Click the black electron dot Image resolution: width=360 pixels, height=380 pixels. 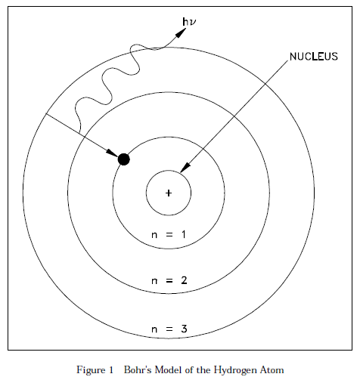click(124, 159)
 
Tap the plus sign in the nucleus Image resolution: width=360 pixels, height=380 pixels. click(169, 193)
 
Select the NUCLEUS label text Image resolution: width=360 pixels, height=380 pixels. click(314, 57)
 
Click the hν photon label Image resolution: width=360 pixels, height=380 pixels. click(189, 22)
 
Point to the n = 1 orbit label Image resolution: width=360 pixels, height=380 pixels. click(169, 235)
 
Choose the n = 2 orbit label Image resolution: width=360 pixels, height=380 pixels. click(169, 280)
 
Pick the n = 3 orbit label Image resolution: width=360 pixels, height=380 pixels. click(169, 329)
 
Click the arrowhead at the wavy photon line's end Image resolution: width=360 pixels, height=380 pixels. click(181, 33)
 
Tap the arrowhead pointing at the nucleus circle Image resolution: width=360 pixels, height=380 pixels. click(186, 168)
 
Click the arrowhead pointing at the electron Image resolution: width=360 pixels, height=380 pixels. click(112, 153)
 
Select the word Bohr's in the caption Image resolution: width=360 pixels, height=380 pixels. click(138, 370)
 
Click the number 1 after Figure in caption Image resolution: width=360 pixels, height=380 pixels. click(111, 370)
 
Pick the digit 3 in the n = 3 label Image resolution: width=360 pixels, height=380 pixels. click(184, 329)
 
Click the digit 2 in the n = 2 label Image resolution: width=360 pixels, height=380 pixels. click(184, 280)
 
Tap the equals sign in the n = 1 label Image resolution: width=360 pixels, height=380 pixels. click(169, 235)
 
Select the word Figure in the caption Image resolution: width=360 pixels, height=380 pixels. click(92, 370)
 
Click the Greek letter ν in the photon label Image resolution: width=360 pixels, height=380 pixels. click(192, 23)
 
